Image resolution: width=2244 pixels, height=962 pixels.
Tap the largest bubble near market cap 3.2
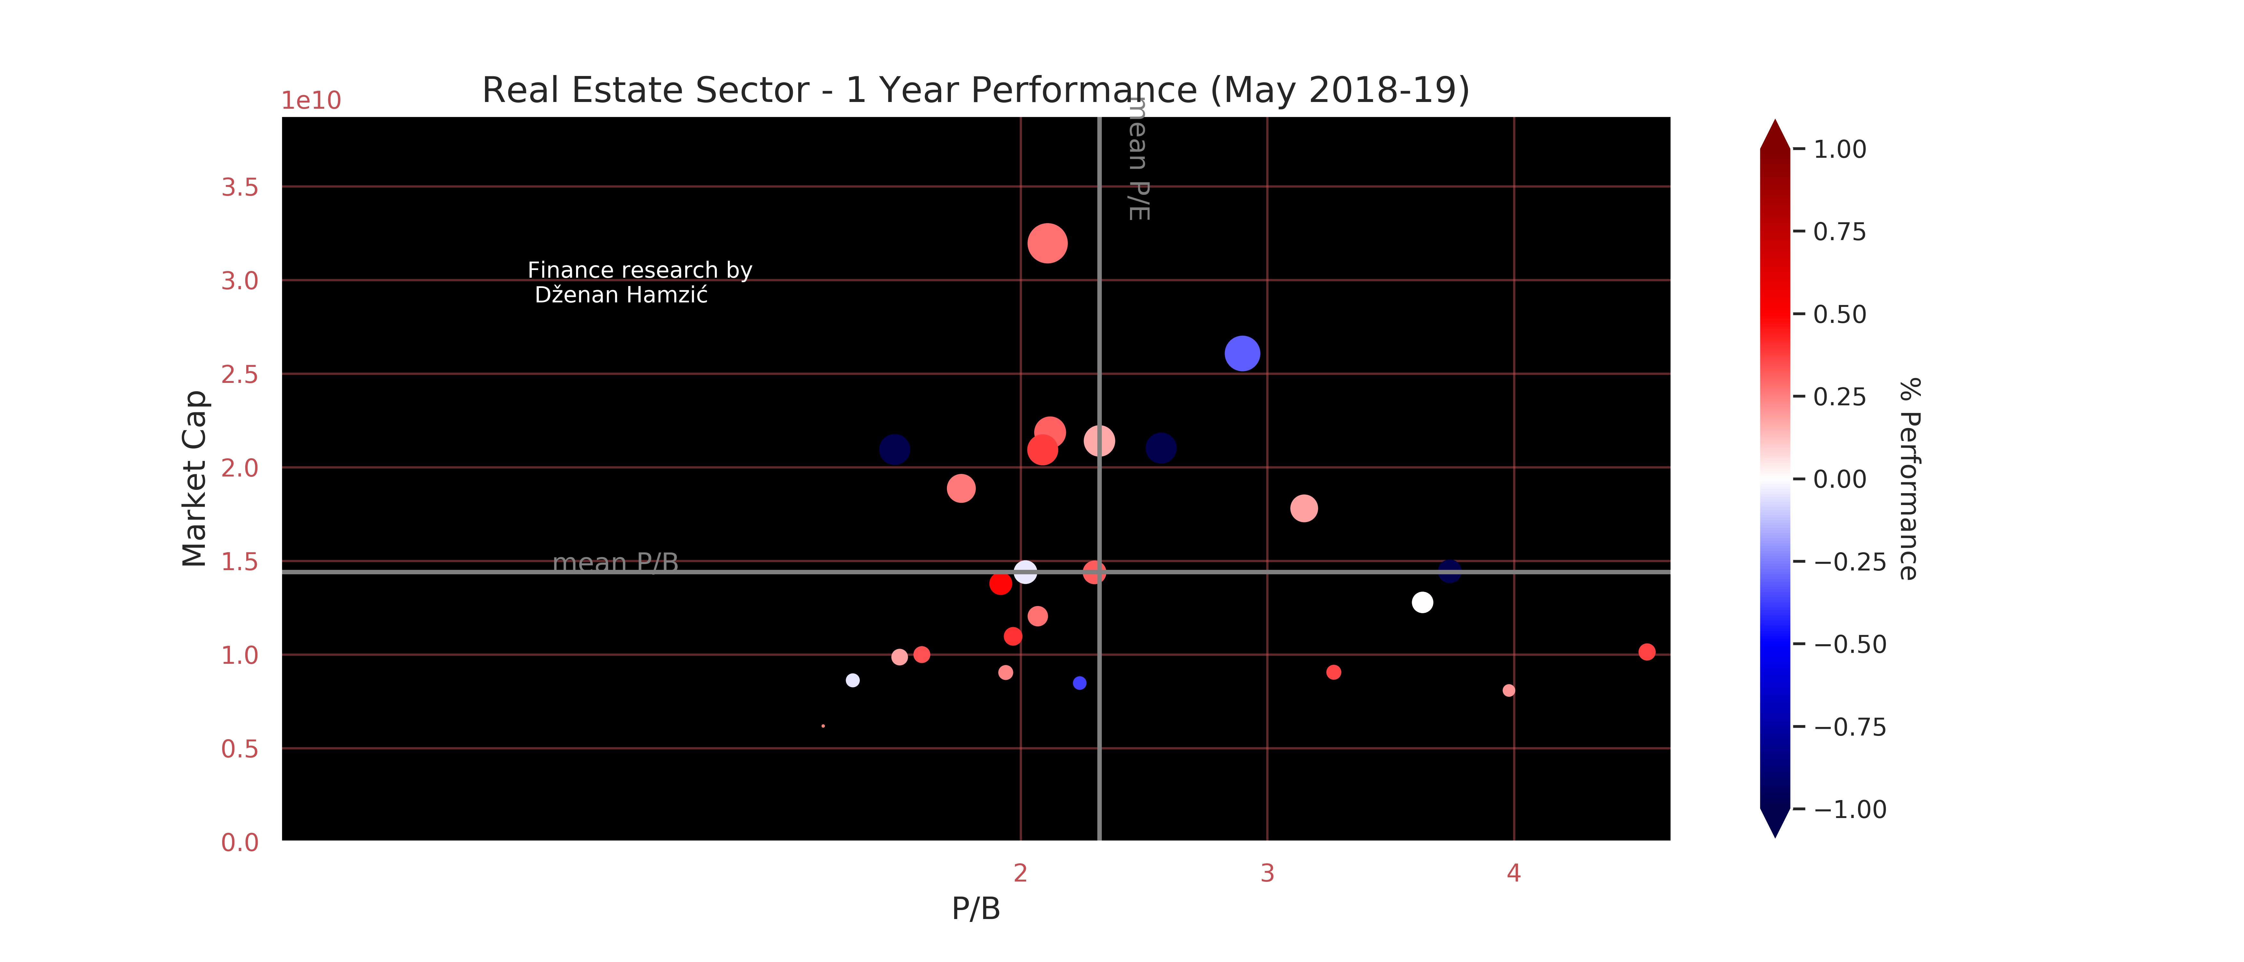1047,243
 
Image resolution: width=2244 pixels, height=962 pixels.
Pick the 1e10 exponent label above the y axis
311,101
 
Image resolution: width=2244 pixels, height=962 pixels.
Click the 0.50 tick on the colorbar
1839,315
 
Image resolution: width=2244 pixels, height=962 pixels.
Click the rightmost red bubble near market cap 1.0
1646,652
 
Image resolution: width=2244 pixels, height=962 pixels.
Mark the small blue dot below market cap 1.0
1079,683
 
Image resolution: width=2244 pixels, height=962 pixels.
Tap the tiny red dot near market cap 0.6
823,726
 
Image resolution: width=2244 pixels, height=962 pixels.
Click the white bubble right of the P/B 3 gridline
1422,602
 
